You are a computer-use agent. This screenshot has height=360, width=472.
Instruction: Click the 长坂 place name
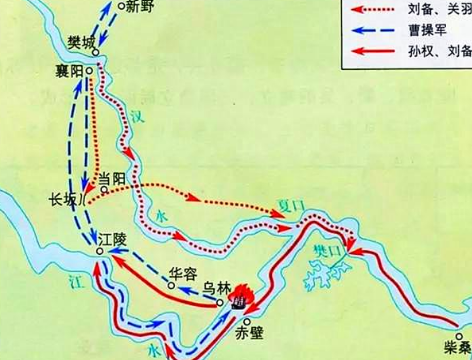click(x=62, y=198)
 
